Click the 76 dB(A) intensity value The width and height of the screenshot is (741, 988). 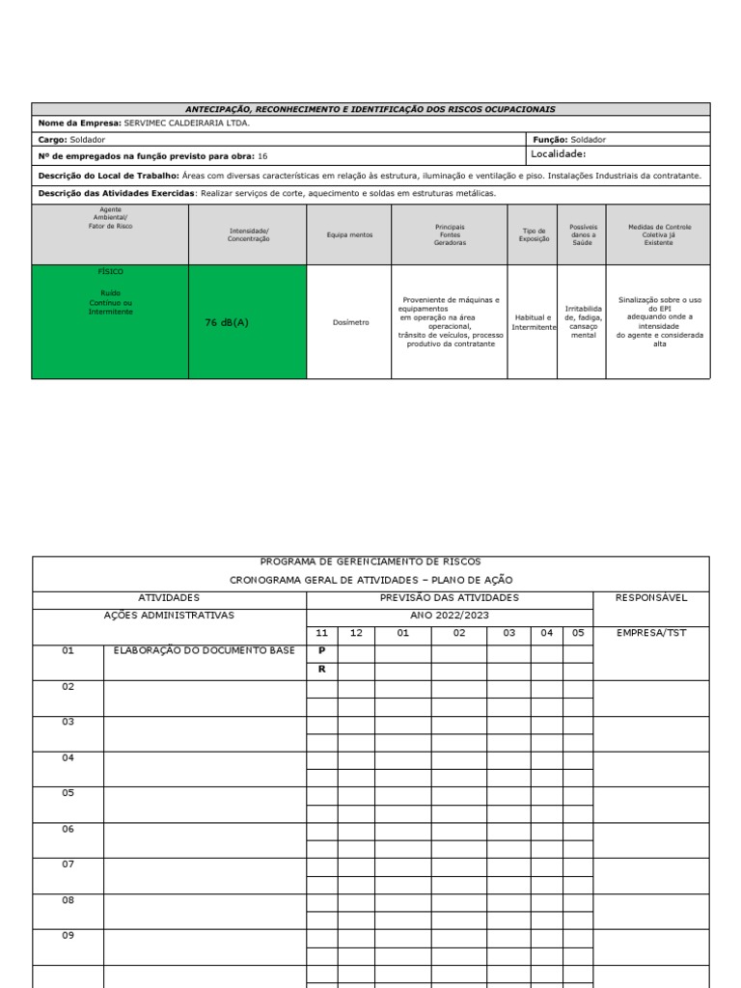227,323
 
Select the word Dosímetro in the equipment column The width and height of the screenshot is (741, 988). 350,322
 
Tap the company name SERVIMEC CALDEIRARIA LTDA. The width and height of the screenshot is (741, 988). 186,123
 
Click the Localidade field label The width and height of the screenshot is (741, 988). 559,153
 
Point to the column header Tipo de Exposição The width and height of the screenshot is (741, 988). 534,235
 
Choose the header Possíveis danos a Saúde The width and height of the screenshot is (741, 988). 583,235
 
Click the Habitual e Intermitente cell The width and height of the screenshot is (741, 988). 533,322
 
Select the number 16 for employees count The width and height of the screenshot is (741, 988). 262,155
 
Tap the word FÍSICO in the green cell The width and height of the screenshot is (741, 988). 110,272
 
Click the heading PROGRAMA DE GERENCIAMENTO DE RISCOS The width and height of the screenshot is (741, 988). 370,562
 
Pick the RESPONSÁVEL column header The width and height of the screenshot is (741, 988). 650,598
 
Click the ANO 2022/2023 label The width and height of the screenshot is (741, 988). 449,616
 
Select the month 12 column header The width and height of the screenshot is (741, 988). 356,634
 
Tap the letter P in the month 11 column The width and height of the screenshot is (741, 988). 321,651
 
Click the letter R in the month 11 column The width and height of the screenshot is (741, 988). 321,669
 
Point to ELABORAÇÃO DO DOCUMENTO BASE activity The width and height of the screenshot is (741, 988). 204,651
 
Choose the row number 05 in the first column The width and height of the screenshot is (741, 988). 69,793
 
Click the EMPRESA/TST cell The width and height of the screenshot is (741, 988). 650,634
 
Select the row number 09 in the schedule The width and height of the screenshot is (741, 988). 69,935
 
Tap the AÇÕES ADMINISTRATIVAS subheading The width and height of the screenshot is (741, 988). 169,616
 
